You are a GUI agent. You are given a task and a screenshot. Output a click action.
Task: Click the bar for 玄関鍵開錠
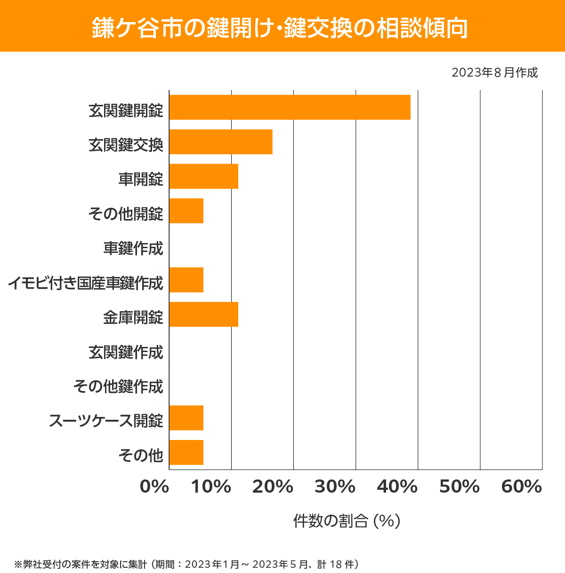coord(290,107)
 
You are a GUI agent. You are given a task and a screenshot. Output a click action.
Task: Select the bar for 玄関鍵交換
coord(221,141)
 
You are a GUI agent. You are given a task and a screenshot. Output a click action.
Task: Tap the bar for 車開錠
coord(203,176)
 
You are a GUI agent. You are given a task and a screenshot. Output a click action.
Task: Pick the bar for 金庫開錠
coord(203,314)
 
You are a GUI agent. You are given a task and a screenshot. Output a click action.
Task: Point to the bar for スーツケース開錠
coord(186,417)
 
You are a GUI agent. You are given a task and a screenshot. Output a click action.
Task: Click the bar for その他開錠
coord(186,211)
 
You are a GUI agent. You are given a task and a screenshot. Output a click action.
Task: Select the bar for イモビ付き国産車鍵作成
coord(186,280)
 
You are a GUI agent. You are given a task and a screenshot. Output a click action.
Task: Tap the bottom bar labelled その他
coord(186,452)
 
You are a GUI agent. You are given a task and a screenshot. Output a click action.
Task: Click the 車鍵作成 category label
coord(133,248)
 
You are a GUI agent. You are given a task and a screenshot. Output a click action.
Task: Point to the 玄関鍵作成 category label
coord(126,352)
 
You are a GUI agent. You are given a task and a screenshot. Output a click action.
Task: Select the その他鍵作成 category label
coord(118,386)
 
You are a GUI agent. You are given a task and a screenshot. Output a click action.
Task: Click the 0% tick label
coord(154,487)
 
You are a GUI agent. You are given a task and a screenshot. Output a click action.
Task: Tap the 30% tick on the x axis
coord(335,487)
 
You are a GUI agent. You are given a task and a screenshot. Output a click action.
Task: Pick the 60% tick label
coord(522,487)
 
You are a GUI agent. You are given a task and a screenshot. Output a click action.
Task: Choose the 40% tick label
coord(397,487)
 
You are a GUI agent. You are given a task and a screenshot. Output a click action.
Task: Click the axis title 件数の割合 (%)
coord(347,521)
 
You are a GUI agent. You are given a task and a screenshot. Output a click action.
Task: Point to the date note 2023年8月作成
coord(494,73)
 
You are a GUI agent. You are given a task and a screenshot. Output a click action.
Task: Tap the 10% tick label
coord(211,487)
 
